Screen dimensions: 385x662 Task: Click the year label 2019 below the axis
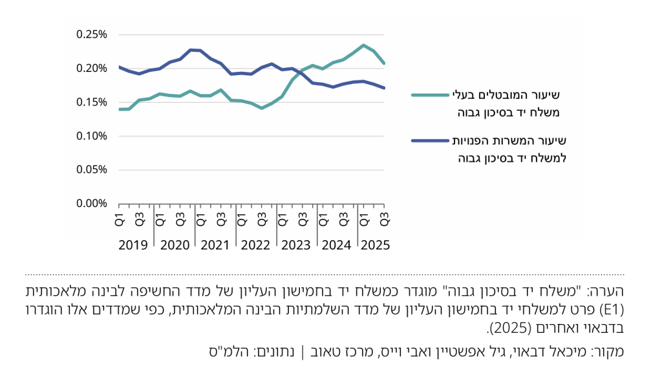134,246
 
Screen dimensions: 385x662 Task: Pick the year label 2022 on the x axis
255,246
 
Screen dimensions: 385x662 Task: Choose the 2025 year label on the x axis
374,246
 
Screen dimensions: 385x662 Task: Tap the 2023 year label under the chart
295,246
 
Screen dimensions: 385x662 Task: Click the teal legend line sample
430,94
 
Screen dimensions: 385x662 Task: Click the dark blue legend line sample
430,140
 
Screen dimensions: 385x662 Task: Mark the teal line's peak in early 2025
364,45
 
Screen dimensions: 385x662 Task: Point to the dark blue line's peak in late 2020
191,49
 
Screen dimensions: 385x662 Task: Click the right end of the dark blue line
385,88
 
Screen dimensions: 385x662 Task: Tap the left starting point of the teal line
120,109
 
